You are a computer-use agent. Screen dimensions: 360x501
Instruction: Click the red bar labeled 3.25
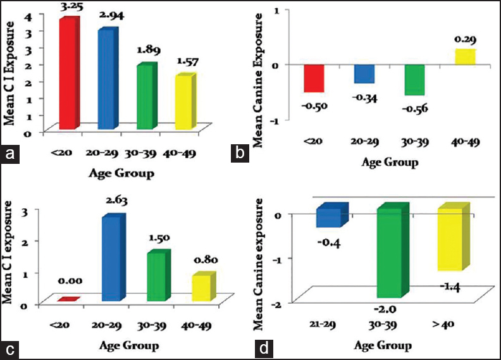pyautogui.click(x=69, y=75)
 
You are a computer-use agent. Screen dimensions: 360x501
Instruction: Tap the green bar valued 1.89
pyautogui.click(x=144, y=97)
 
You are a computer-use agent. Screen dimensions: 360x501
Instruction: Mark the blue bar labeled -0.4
pyautogui.click(x=331, y=216)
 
